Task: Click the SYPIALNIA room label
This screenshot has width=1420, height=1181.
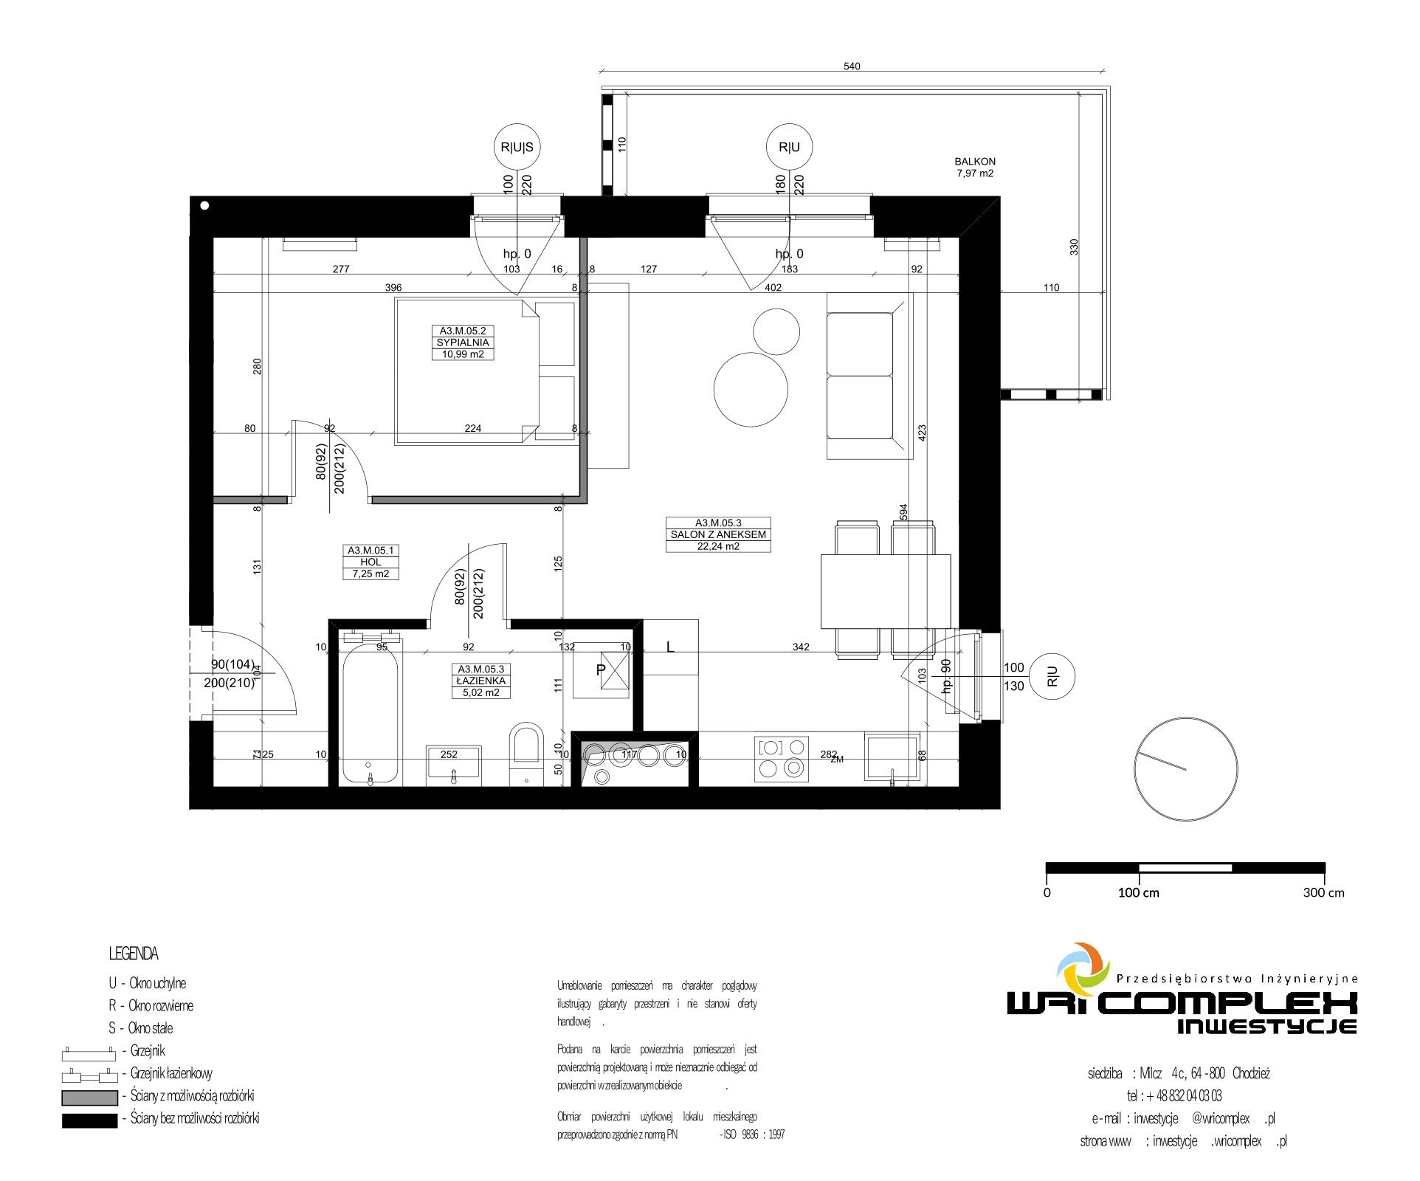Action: tap(463, 342)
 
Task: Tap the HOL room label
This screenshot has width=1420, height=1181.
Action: tap(371, 562)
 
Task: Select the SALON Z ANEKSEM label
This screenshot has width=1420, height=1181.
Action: tap(718, 534)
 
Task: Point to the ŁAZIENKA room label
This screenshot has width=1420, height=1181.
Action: tap(481, 681)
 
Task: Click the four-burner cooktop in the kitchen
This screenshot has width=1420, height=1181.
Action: tap(782, 759)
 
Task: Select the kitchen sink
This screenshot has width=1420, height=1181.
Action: tap(892, 757)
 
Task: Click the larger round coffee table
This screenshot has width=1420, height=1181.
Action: tap(751, 390)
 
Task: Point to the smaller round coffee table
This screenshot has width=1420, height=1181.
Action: tap(776, 332)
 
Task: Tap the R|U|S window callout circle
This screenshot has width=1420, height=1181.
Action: tap(517, 147)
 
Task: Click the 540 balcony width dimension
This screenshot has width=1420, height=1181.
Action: tap(852, 66)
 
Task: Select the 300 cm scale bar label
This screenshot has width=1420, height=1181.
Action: tap(1324, 892)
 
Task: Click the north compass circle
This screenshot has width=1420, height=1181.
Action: tap(1186, 770)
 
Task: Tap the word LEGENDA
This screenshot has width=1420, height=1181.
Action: tap(134, 954)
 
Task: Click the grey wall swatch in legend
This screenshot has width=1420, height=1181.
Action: tap(89, 1098)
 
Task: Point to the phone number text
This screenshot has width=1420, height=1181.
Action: tap(1174, 1095)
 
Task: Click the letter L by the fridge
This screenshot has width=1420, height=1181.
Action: tap(670, 647)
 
